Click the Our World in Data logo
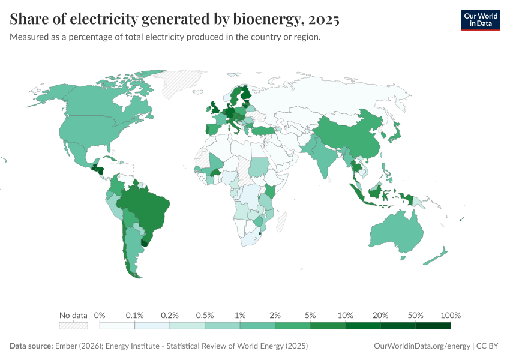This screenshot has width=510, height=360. point(480,20)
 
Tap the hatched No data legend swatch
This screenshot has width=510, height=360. point(73,326)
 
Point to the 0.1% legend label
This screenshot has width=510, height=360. point(135,316)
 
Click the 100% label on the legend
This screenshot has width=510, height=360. point(450,316)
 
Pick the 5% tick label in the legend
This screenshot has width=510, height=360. point(310,316)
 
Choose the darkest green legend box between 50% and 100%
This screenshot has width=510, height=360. point(433,326)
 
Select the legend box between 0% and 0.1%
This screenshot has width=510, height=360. point(117,326)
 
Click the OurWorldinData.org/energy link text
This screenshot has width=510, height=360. point(421,346)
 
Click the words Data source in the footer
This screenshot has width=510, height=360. point(31,346)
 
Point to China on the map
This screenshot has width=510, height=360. point(348,135)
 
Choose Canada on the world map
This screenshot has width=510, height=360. point(102,102)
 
